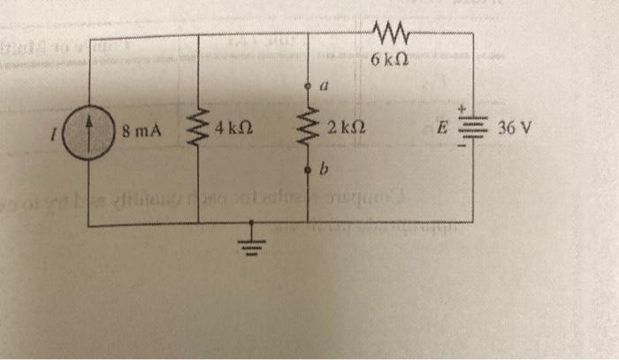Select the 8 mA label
pos(141,133)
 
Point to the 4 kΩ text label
pos(225,131)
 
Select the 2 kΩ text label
pos(340,130)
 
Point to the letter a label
pos(325,88)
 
